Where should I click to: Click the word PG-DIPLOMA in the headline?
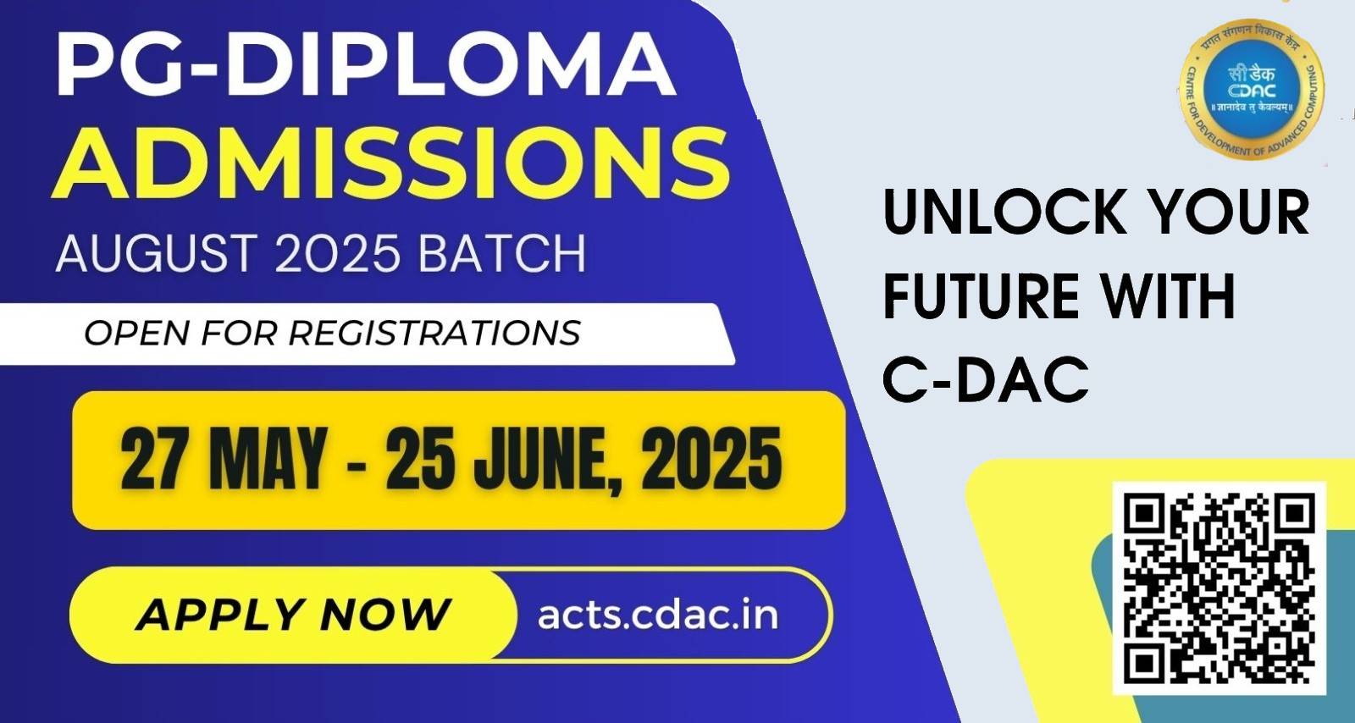[366, 64]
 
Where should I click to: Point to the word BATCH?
[502, 253]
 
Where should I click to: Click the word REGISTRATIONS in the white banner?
[434, 333]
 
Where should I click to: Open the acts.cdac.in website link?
[657, 616]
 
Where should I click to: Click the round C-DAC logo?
[1252, 90]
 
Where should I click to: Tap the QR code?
[1219, 588]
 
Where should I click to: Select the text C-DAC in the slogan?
[986, 379]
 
